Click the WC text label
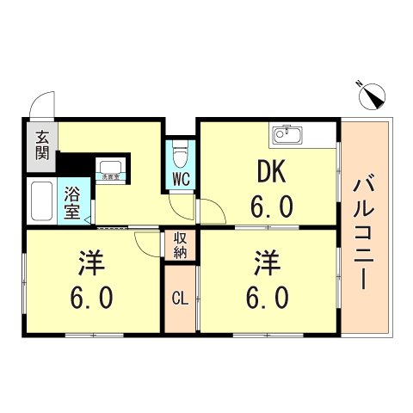click(x=181, y=179)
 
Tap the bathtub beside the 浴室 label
click(x=40, y=203)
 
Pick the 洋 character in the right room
click(x=267, y=262)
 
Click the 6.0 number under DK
click(x=272, y=206)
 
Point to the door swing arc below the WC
click(x=183, y=207)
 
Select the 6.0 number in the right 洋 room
click(x=266, y=298)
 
